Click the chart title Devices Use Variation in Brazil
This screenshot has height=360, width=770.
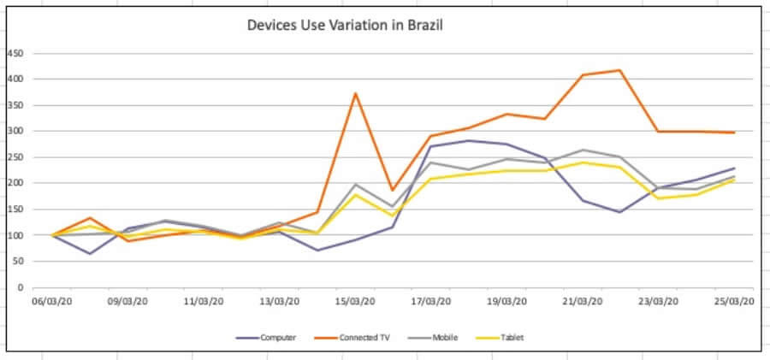click(345, 25)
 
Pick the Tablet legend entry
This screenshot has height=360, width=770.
click(510, 338)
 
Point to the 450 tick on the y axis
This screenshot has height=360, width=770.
click(15, 53)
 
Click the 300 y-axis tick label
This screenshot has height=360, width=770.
click(15, 131)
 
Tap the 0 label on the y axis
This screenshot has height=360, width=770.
click(20, 287)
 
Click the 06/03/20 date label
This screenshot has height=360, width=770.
click(51, 301)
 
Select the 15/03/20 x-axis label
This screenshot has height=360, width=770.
click(354, 301)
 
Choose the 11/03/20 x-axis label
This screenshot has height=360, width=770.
click(204, 301)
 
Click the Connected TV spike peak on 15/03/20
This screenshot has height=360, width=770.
click(355, 93)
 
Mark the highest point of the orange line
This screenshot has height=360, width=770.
click(619, 70)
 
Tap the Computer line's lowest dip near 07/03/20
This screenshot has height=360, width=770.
click(89, 253)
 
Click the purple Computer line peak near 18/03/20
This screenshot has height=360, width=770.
click(468, 140)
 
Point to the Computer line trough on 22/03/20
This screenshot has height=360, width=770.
click(619, 212)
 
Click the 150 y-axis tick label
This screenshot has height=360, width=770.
click(15, 209)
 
